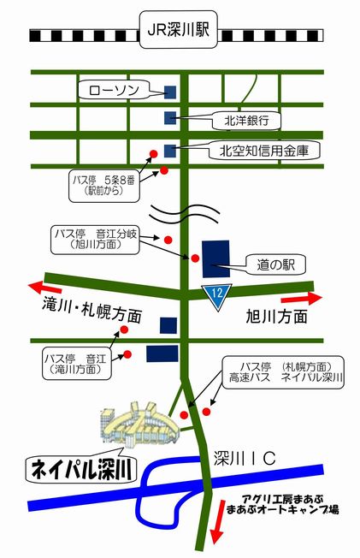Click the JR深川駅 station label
[x=178, y=30]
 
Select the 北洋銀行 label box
[x=246, y=121]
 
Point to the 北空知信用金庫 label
[x=264, y=151]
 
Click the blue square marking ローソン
[x=170, y=92]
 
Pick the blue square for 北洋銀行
[x=170, y=118]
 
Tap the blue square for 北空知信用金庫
[x=170, y=151]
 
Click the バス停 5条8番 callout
[x=103, y=185]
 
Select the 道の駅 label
[x=275, y=264]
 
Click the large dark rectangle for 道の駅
[x=216, y=258]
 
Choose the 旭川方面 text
[x=277, y=317]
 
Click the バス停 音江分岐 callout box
[x=95, y=240]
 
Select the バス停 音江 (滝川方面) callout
[x=76, y=364]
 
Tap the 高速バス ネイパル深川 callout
[x=283, y=372]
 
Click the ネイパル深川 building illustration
[x=139, y=424]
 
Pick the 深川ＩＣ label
[x=245, y=459]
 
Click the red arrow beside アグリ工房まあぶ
[x=217, y=522]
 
